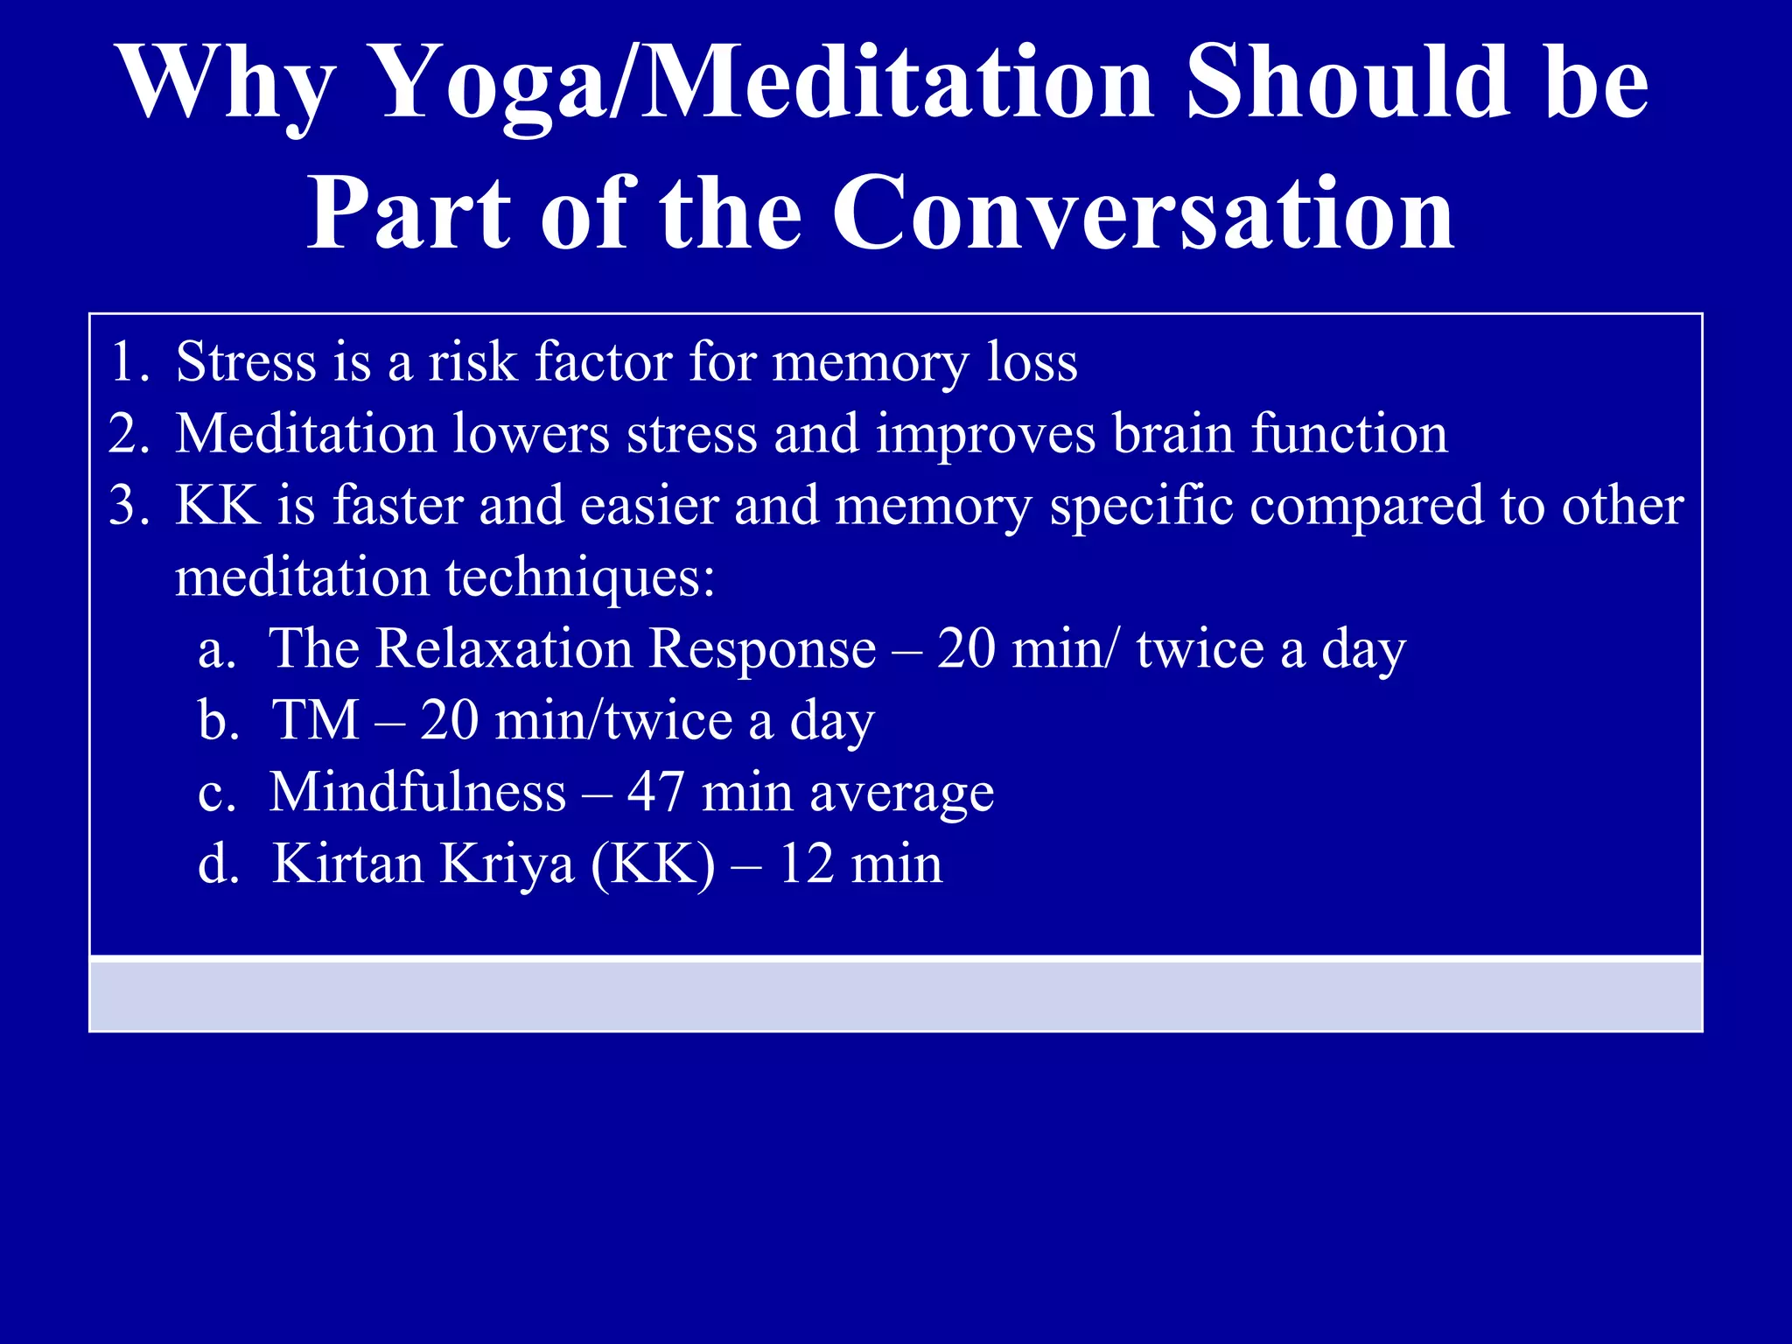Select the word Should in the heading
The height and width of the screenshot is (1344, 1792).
(x=1348, y=85)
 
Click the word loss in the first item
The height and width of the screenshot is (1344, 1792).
(x=1032, y=361)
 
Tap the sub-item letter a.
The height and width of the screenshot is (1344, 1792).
(x=217, y=651)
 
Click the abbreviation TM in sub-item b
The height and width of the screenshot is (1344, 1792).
(x=316, y=721)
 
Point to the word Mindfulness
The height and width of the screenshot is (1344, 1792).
(x=417, y=793)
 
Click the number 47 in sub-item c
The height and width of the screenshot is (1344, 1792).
(x=655, y=793)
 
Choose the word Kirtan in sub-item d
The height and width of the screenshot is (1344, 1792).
(x=347, y=864)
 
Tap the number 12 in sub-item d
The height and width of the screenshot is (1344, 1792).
(x=806, y=864)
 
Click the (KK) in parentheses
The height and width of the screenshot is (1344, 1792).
(x=653, y=864)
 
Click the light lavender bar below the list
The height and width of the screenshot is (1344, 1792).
(x=896, y=995)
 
